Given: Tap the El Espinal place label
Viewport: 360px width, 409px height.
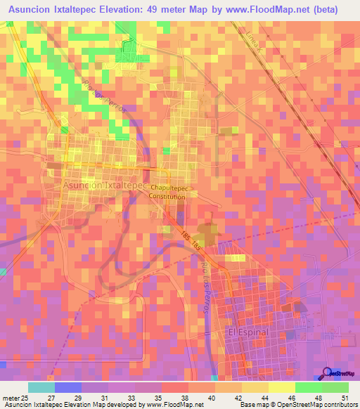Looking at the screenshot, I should point(245,330).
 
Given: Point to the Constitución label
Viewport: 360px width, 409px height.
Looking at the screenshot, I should point(167,197).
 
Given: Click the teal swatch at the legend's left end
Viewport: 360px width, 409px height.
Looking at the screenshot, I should point(41,387).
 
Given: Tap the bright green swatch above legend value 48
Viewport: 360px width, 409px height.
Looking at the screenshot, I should point(309,387).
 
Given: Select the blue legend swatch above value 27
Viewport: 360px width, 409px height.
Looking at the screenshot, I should point(68,387).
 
